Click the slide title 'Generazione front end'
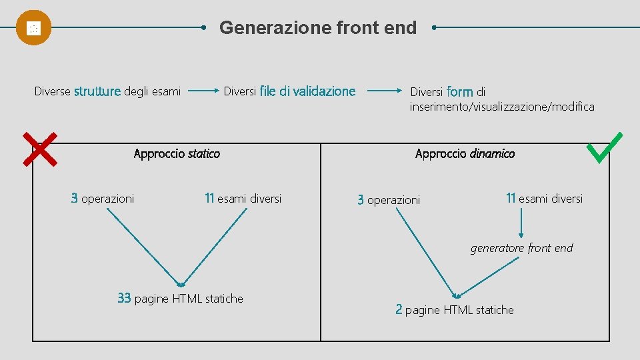point(318,28)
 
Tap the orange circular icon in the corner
point(33,28)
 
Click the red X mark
point(39,148)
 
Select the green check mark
point(603,147)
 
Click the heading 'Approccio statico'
point(177,154)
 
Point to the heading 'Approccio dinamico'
point(465,154)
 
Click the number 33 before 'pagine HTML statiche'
point(124,299)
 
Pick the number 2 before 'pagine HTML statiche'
point(399,309)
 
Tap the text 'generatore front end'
point(521,248)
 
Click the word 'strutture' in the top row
point(97,91)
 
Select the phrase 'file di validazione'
point(307,91)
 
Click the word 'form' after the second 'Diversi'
point(460,91)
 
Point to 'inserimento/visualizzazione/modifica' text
point(502,107)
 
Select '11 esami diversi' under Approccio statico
point(243,198)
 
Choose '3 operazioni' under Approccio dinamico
point(389,200)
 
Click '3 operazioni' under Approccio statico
point(103,198)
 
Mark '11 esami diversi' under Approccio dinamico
point(544,198)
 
